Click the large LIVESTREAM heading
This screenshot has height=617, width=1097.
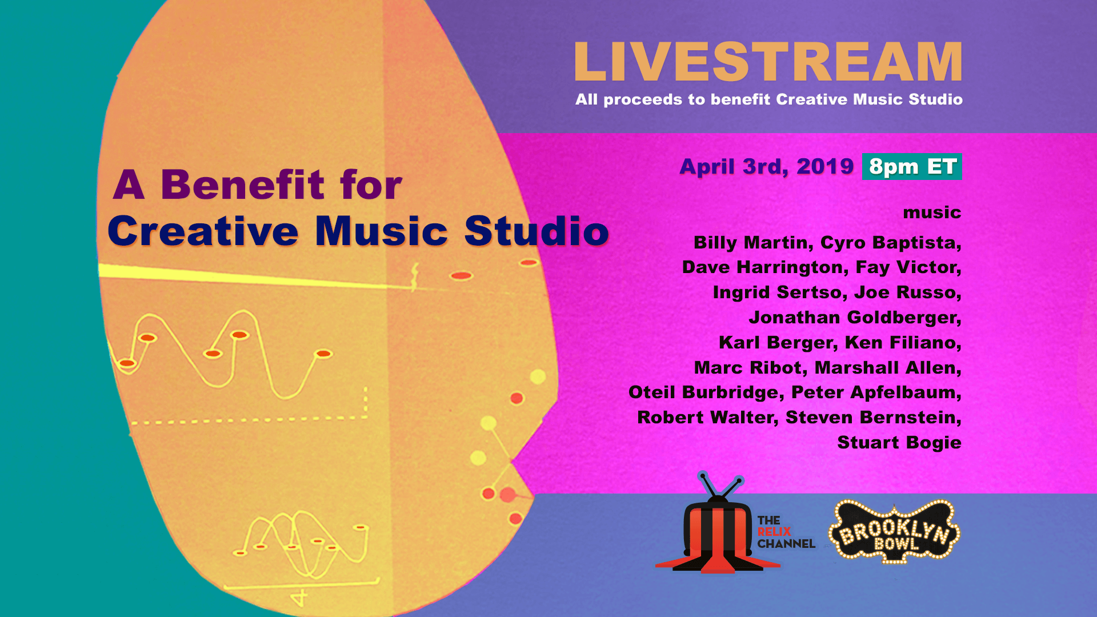(x=768, y=62)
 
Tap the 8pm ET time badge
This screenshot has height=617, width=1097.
(x=912, y=166)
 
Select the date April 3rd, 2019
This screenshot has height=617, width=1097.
(x=766, y=167)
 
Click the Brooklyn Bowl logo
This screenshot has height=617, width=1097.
(x=894, y=532)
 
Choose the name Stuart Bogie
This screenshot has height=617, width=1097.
(x=899, y=443)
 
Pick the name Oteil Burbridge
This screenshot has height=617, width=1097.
(x=703, y=392)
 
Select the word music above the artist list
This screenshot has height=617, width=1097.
(x=932, y=213)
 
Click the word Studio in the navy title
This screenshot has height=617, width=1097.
(x=537, y=231)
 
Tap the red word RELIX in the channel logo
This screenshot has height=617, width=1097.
(x=774, y=532)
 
